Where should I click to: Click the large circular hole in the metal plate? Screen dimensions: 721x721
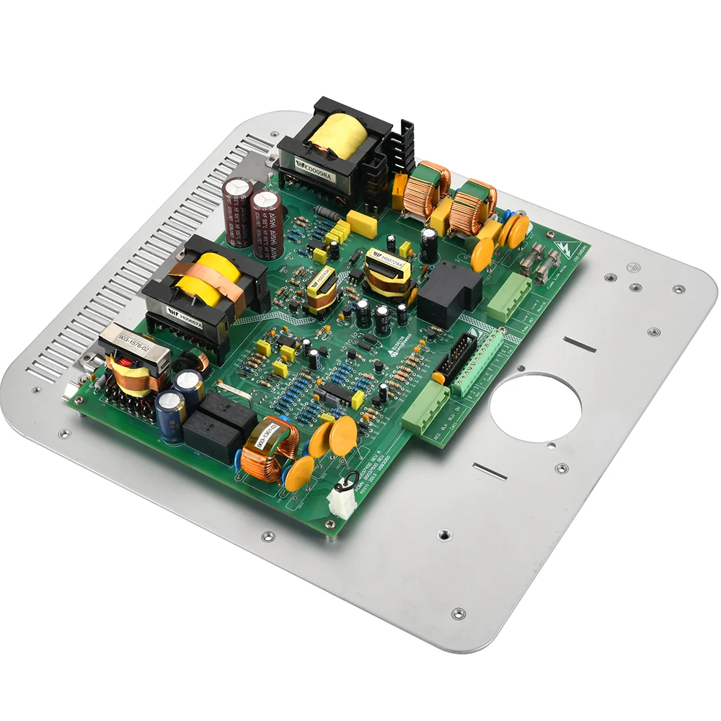(x=535, y=408)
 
